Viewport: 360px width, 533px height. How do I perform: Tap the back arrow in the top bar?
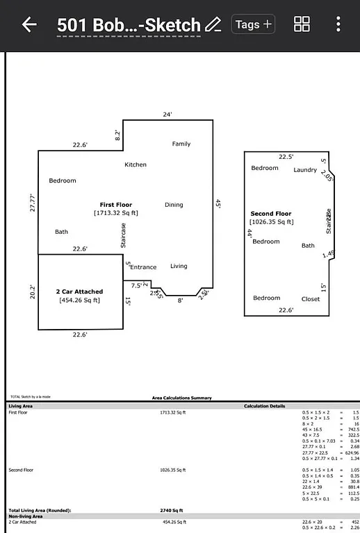[28, 25]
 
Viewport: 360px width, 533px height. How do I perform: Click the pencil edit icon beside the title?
[213, 25]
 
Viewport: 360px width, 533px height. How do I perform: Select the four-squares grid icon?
[302, 25]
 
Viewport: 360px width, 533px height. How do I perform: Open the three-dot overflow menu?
[338, 25]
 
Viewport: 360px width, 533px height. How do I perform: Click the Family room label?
[181, 144]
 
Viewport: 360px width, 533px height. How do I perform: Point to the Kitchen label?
[136, 164]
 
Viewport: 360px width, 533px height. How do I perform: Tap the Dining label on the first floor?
[174, 205]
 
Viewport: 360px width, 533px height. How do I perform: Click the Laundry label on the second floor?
[305, 170]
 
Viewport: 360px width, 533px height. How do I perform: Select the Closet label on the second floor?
[311, 299]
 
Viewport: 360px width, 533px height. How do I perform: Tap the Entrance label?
[144, 267]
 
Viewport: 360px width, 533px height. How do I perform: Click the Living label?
[179, 266]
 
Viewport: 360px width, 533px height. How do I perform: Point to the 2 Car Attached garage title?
[79, 291]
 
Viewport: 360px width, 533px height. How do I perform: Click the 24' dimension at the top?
[167, 115]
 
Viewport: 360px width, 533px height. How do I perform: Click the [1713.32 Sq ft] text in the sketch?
[116, 213]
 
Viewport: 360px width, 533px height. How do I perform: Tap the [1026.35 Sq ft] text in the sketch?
[272, 222]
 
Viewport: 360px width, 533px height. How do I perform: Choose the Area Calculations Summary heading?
[182, 398]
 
